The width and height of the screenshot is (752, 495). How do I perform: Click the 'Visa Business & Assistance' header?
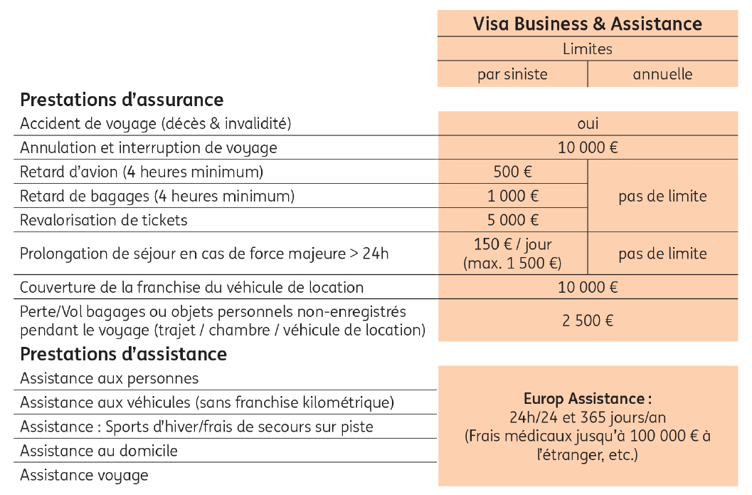[x=587, y=24]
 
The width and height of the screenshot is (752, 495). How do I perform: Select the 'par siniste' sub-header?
[x=512, y=74]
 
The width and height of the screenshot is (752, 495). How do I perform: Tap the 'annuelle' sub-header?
[x=662, y=74]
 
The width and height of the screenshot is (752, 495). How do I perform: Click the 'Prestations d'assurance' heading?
[x=122, y=100]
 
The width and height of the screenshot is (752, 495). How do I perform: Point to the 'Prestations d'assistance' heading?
[x=123, y=354]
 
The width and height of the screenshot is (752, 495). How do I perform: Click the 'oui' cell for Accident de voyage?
[x=588, y=123]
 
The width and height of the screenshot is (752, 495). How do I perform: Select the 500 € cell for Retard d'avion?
[x=513, y=172]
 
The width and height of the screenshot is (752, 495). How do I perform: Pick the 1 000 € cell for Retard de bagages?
[x=513, y=196]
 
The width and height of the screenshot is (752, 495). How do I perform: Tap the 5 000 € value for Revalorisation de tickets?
[x=513, y=220]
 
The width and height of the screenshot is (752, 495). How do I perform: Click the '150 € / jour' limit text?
[x=513, y=244]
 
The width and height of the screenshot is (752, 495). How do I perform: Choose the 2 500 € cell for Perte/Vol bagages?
[x=588, y=321]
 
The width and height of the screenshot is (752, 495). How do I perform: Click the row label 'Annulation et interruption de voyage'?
[x=149, y=147]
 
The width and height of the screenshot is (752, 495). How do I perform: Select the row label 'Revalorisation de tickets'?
[x=104, y=220]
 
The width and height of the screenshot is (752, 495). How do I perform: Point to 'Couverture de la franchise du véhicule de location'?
[x=191, y=288]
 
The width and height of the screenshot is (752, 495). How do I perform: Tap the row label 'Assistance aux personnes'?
[x=110, y=378]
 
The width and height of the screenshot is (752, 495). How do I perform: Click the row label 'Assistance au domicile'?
[x=99, y=451]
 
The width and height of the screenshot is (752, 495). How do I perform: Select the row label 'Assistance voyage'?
[x=84, y=475]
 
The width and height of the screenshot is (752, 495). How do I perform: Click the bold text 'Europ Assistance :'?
[x=588, y=398]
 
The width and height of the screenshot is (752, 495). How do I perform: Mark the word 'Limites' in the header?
[x=588, y=49]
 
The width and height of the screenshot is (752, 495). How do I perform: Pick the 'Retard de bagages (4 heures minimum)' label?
[x=157, y=196]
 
